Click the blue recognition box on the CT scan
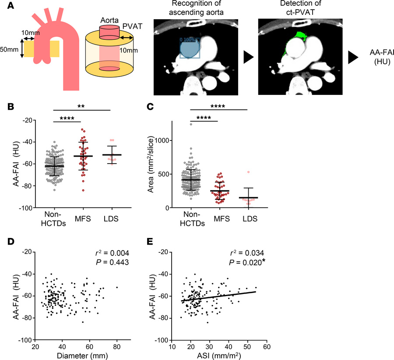[190, 47]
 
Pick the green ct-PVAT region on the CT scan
[302, 35]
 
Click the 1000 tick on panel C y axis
[164, 140]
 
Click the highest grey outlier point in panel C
[191, 125]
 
